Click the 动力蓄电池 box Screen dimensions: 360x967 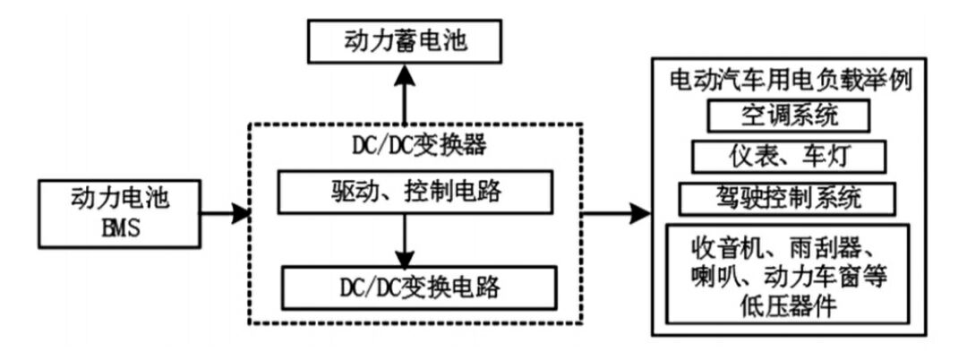[x=404, y=41]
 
